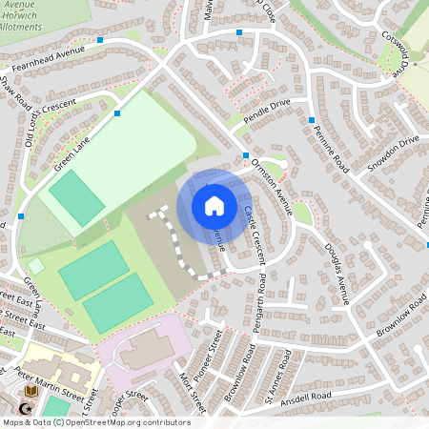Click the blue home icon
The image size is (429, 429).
(214, 205)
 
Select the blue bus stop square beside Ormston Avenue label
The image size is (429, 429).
(246, 155)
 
